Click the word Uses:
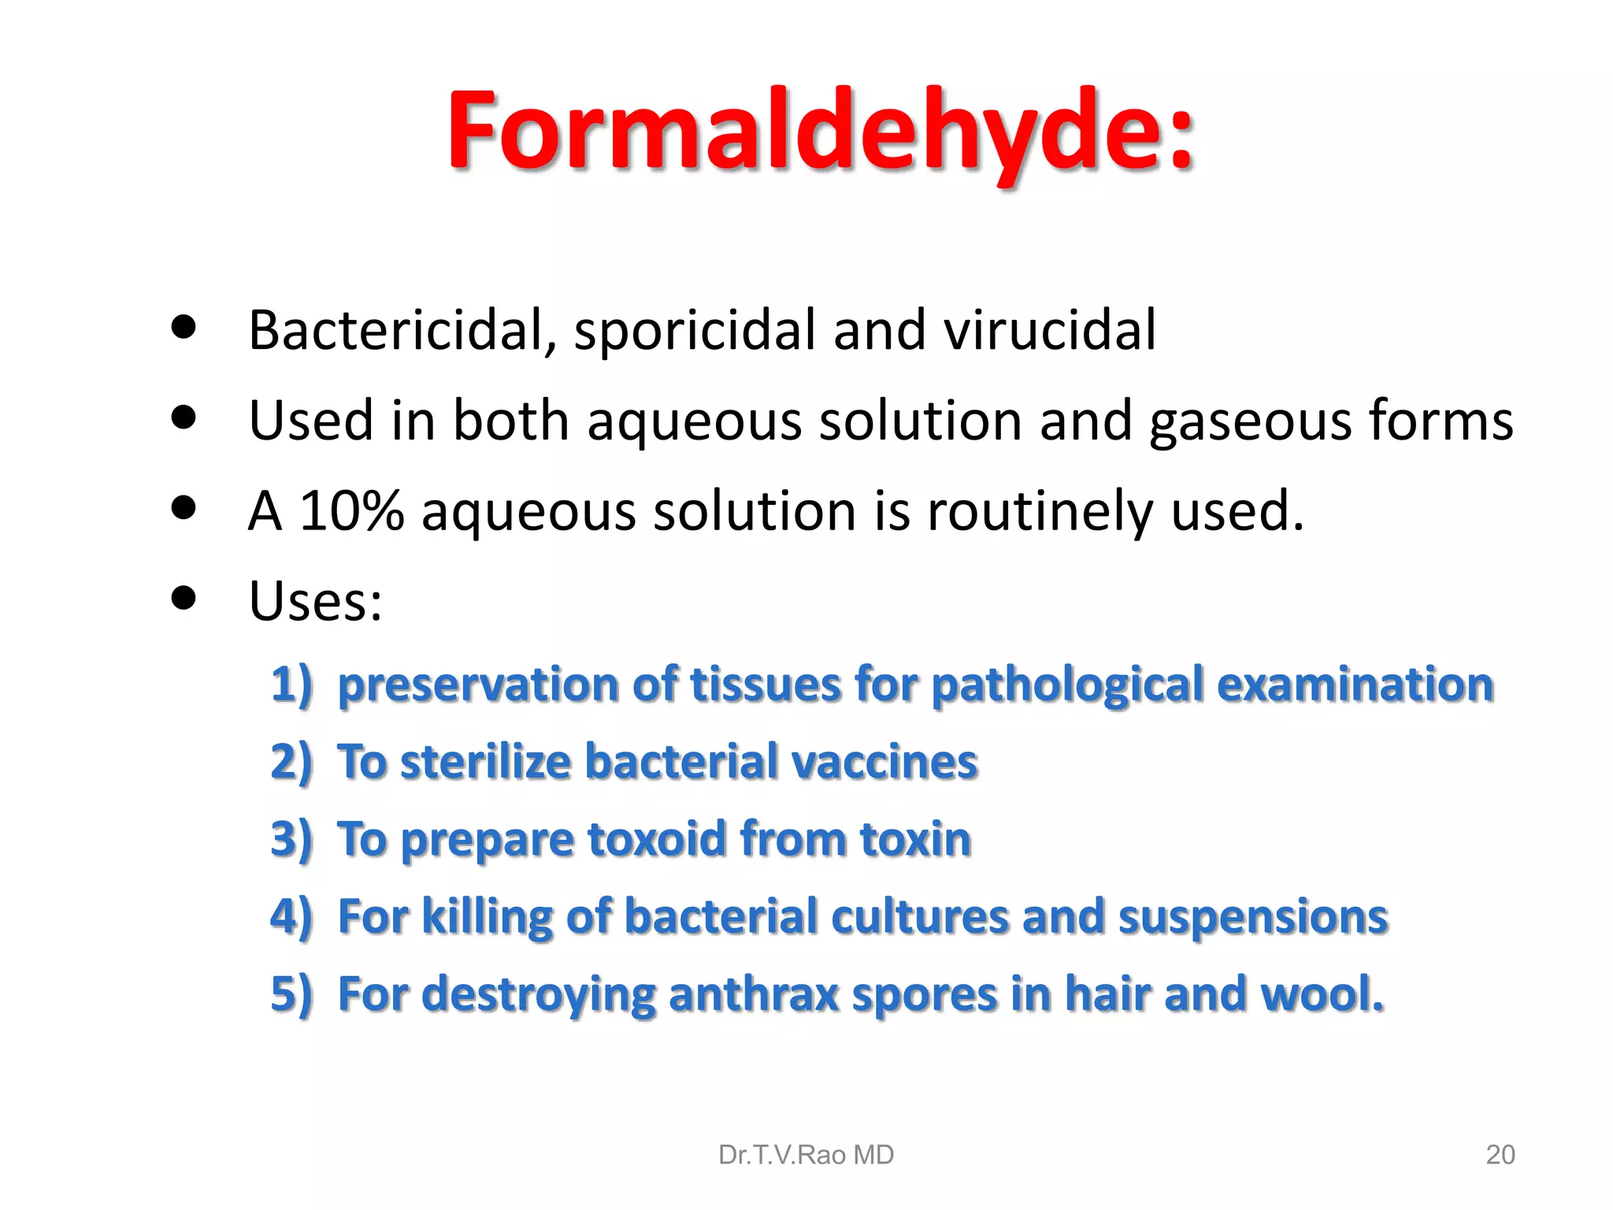click(x=315, y=601)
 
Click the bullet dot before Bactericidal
click(x=183, y=326)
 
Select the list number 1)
click(x=291, y=684)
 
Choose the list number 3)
click(x=291, y=839)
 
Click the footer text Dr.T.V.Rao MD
click(x=806, y=1155)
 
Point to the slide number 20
click(x=1500, y=1155)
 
